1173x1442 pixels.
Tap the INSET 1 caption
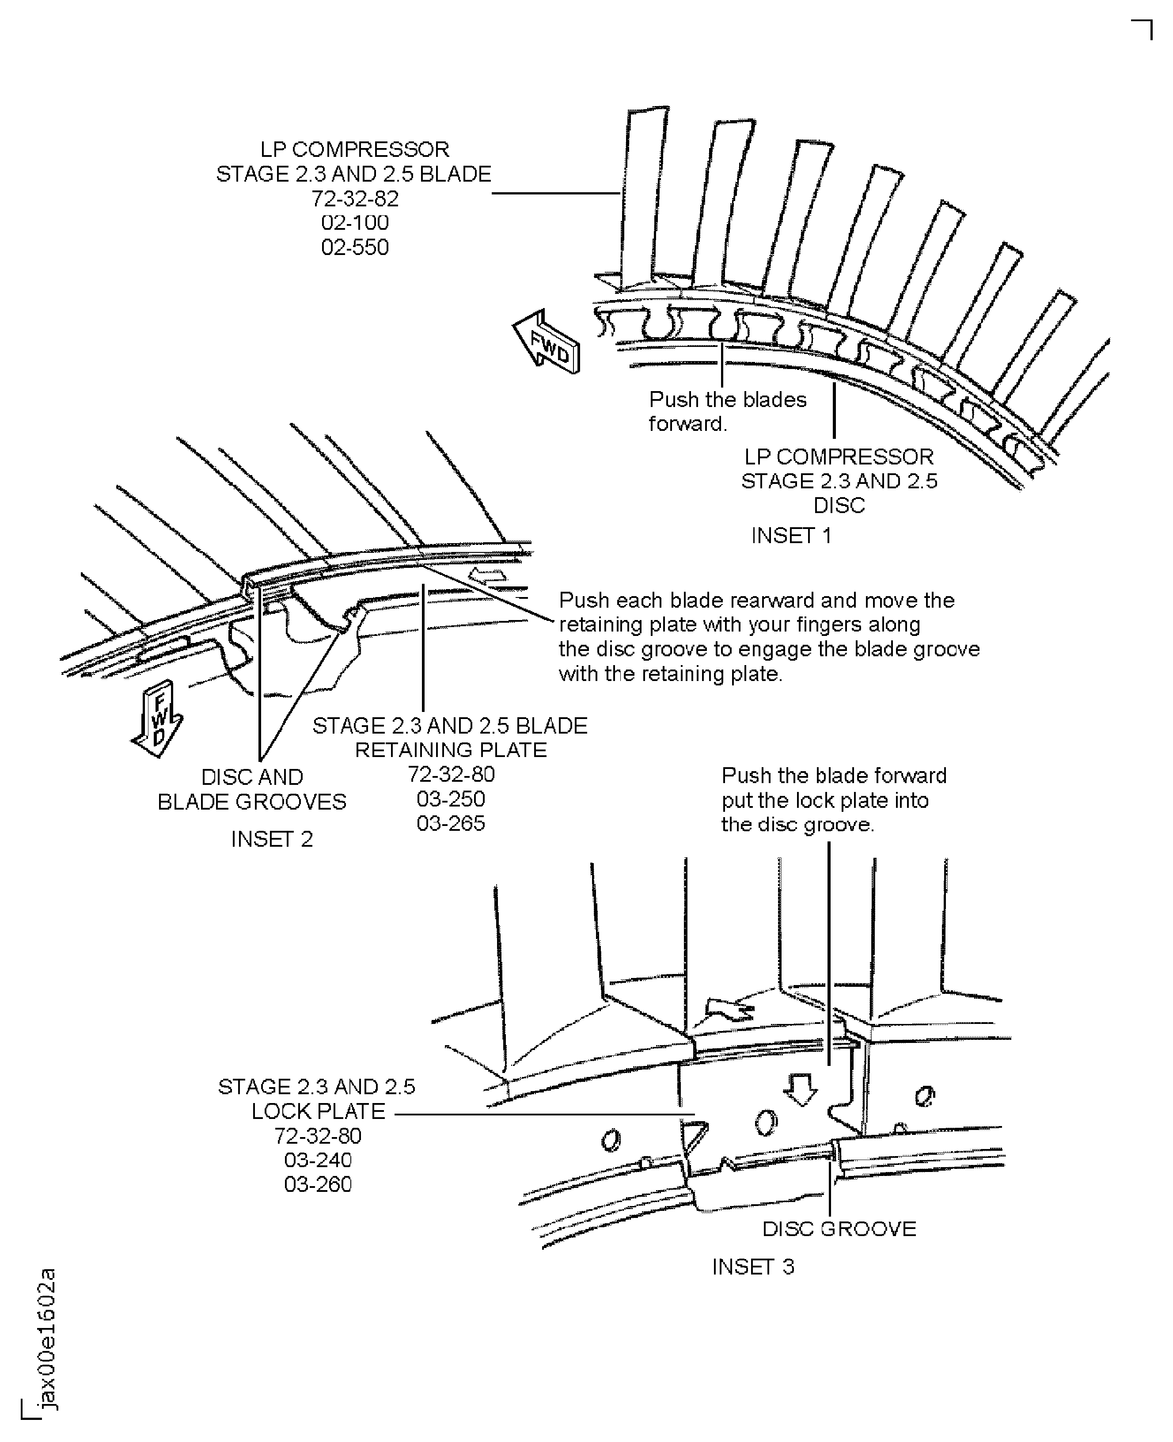click(791, 536)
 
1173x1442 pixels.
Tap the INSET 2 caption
click(272, 839)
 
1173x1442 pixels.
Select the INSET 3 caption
click(753, 1266)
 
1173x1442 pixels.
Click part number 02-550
click(355, 247)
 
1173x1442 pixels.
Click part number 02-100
click(355, 222)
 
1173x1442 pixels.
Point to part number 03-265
click(451, 823)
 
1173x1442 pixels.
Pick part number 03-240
click(318, 1160)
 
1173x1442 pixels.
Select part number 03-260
click(318, 1184)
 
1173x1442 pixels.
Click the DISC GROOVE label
click(839, 1229)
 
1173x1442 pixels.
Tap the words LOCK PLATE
click(318, 1111)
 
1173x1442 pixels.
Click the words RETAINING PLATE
click(451, 750)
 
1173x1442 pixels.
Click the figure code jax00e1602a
click(47, 1339)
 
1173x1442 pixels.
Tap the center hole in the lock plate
click(766, 1122)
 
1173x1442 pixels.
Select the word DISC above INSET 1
click(839, 506)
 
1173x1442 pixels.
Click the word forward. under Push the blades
click(687, 424)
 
